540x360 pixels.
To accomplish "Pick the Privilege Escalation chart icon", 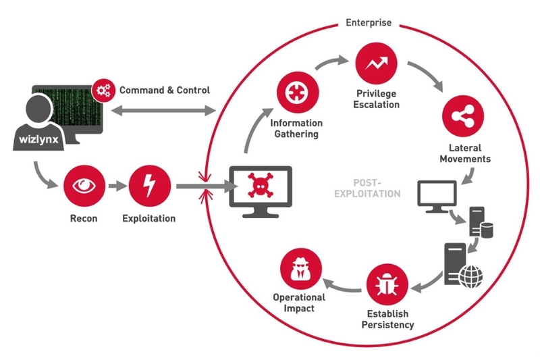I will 375,63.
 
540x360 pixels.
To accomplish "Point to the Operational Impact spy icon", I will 299,267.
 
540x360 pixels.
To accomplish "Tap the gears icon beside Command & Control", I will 103,89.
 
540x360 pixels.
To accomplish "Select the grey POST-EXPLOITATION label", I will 377,188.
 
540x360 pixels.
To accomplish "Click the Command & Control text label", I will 165,90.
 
